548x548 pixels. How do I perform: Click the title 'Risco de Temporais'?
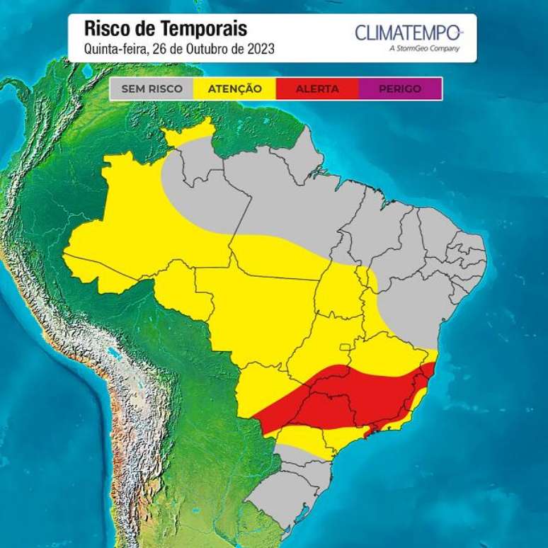(x=165, y=29)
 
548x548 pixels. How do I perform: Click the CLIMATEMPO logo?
(x=408, y=32)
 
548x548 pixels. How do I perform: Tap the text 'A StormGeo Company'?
(x=424, y=49)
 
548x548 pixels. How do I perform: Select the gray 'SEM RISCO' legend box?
(x=151, y=89)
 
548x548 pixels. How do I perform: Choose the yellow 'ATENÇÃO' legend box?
(x=234, y=89)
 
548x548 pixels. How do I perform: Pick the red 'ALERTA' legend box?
(x=317, y=89)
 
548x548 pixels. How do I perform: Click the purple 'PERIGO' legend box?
(x=400, y=89)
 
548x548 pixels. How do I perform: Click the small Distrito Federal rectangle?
(x=345, y=348)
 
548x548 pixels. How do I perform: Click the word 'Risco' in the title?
(x=105, y=29)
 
